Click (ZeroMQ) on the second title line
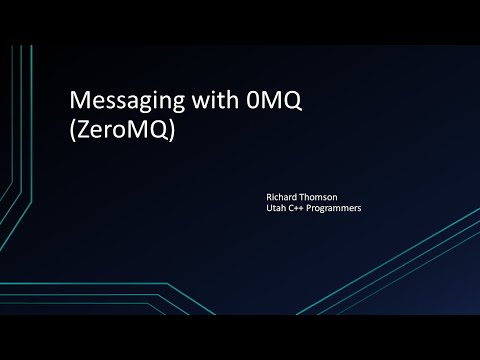tap(119, 131)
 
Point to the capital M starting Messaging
tap(76, 101)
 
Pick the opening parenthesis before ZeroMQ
tap(70, 131)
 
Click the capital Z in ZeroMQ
tap(80, 131)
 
